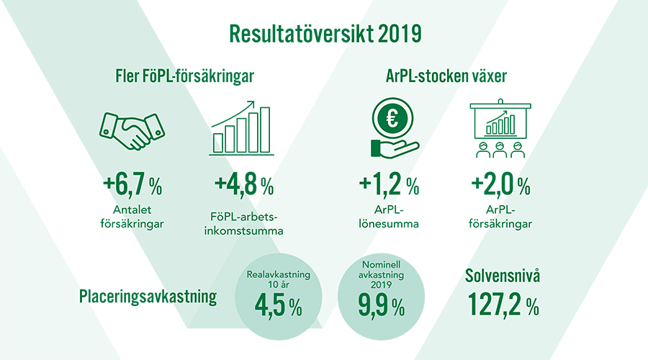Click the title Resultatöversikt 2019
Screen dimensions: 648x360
tap(325, 34)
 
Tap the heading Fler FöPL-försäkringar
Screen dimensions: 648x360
tap(184, 76)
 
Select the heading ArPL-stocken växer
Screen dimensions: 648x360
tap(446, 76)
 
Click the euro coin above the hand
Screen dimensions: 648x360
tap(392, 119)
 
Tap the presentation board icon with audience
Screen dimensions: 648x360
tap(500, 128)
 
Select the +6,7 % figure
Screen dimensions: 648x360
tap(132, 184)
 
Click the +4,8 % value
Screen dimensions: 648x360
tap(244, 184)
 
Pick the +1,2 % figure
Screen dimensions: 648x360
tap(389, 184)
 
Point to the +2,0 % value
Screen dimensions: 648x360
tap(500, 184)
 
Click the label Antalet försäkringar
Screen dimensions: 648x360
tap(132, 217)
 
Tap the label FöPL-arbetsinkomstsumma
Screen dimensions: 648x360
tap(243, 224)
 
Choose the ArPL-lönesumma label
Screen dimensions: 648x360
tap(389, 217)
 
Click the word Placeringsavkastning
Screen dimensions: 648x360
tap(148, 297)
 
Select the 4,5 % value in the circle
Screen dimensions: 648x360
tap(278, 306)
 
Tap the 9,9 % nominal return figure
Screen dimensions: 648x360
tap(381, 306)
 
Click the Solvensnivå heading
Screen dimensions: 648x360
tap(503, 276)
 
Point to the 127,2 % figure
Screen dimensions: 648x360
tap(503, 305)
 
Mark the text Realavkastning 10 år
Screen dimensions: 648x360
tap(279, 279)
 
